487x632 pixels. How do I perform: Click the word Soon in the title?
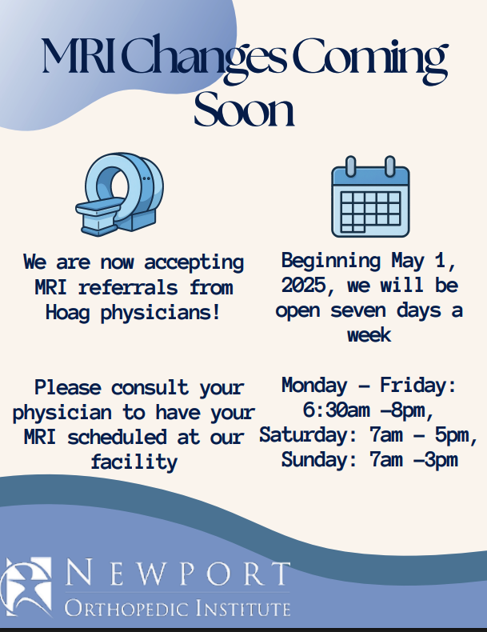pyautogui.click(x=244, y=109)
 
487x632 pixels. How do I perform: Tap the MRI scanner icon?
pyautogui.click(x=120, y=194)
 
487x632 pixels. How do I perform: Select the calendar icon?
pyautogui.click(x=370, y=196)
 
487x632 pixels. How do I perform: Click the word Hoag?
pyautogui.click(x=67, y=313)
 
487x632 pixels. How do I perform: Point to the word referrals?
pyautogui.click(x=128, y=288)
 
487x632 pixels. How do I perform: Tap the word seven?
pyautogui.click(x=358, y=310)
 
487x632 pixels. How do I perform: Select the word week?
pyautogui.click(x=369, y=334)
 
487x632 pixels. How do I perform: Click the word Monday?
pyautogui.click(x=314, y=386)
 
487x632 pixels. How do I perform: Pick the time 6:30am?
pyautogui.click(x=337, y=410)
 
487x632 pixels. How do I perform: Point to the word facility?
pyautogui.click(x=134, y=462)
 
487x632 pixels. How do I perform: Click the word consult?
pyautogui.click(x=150, y=387)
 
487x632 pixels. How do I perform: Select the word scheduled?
pyautogui.click(x=117, y=437)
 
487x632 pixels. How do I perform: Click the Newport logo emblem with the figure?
pyautogui.click(x=26, y=586)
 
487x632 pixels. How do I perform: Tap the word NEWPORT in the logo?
pyautogui.click(x=178, y=573)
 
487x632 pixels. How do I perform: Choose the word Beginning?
pyautogui.click(x=331, y=262)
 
